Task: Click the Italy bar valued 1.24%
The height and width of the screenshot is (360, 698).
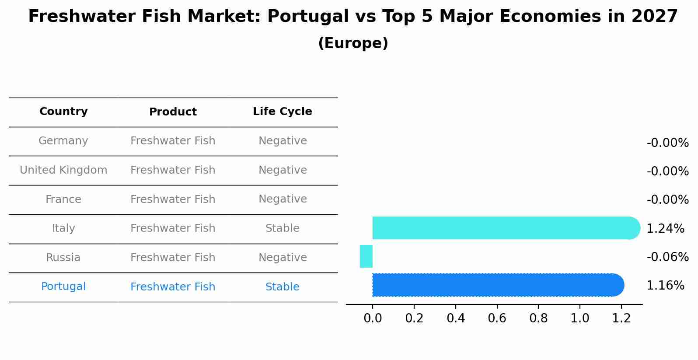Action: click(x=503, y=228)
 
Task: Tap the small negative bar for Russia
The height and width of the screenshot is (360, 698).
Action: click(x=366, y=256)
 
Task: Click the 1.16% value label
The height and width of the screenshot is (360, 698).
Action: click(x=665, y=286)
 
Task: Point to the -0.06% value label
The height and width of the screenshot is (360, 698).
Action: click(x=667, y=257)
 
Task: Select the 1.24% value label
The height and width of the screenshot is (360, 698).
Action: click(x=665, y=228)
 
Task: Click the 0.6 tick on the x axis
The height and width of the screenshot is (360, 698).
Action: click(x=497, y=318)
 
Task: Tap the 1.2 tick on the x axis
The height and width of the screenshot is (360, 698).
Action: click(x=621, y=318)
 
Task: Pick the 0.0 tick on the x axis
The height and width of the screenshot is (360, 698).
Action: click(x=373, y=318)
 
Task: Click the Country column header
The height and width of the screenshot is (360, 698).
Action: click(x=63, y=112)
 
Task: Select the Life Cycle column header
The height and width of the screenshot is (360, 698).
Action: click(x=282, y=112)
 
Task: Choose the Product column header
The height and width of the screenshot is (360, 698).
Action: click(x=173, y=112)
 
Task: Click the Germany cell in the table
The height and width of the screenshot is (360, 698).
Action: click(x=63, y=141)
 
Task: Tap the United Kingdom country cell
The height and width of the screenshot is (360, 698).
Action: click(x=63, y=170)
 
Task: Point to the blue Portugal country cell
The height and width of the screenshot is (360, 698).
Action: click(x=63, y=287)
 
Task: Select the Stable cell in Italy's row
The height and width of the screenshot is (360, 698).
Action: click(x=282, y=228)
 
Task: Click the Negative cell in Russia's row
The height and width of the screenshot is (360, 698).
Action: click(x=282, y=258)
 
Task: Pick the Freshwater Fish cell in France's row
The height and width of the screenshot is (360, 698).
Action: click(x=173, y=199)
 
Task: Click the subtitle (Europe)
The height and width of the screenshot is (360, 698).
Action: click(x=353, y=43)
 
